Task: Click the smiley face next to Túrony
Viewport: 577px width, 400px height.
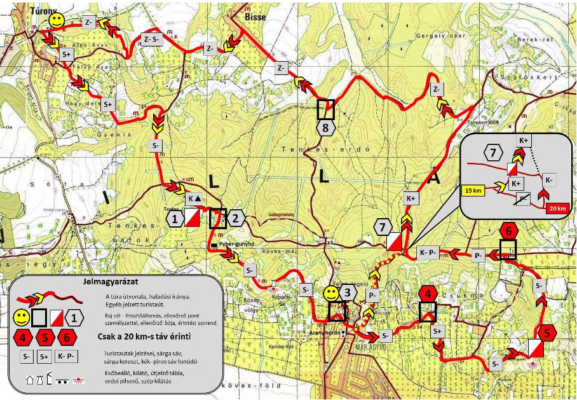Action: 57,21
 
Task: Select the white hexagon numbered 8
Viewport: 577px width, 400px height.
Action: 326,128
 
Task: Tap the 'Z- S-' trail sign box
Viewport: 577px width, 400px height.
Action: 153,39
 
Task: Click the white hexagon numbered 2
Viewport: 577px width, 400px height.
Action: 235,218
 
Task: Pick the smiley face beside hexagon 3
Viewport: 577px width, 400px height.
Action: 331,293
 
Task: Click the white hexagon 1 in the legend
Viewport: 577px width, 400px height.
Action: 76,316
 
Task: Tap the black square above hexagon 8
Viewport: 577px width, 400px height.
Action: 326,109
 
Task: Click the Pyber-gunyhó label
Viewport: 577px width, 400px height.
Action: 236,244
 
